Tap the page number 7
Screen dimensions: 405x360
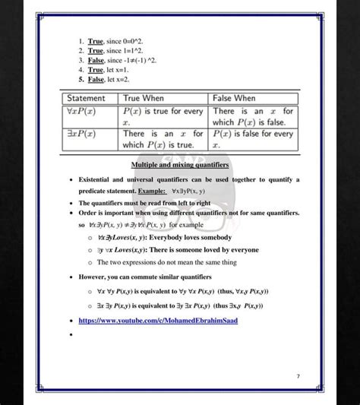point(298,376)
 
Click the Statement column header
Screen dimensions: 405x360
point(86,99)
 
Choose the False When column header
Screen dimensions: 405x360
point(234,99)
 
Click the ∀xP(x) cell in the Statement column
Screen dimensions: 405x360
point(82,111)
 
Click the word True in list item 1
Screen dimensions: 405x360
point(95,40)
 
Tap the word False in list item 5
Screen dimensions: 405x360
point(96,79)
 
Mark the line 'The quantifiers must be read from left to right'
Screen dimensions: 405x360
point(144,203)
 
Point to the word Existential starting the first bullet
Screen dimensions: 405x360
point(95,179)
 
